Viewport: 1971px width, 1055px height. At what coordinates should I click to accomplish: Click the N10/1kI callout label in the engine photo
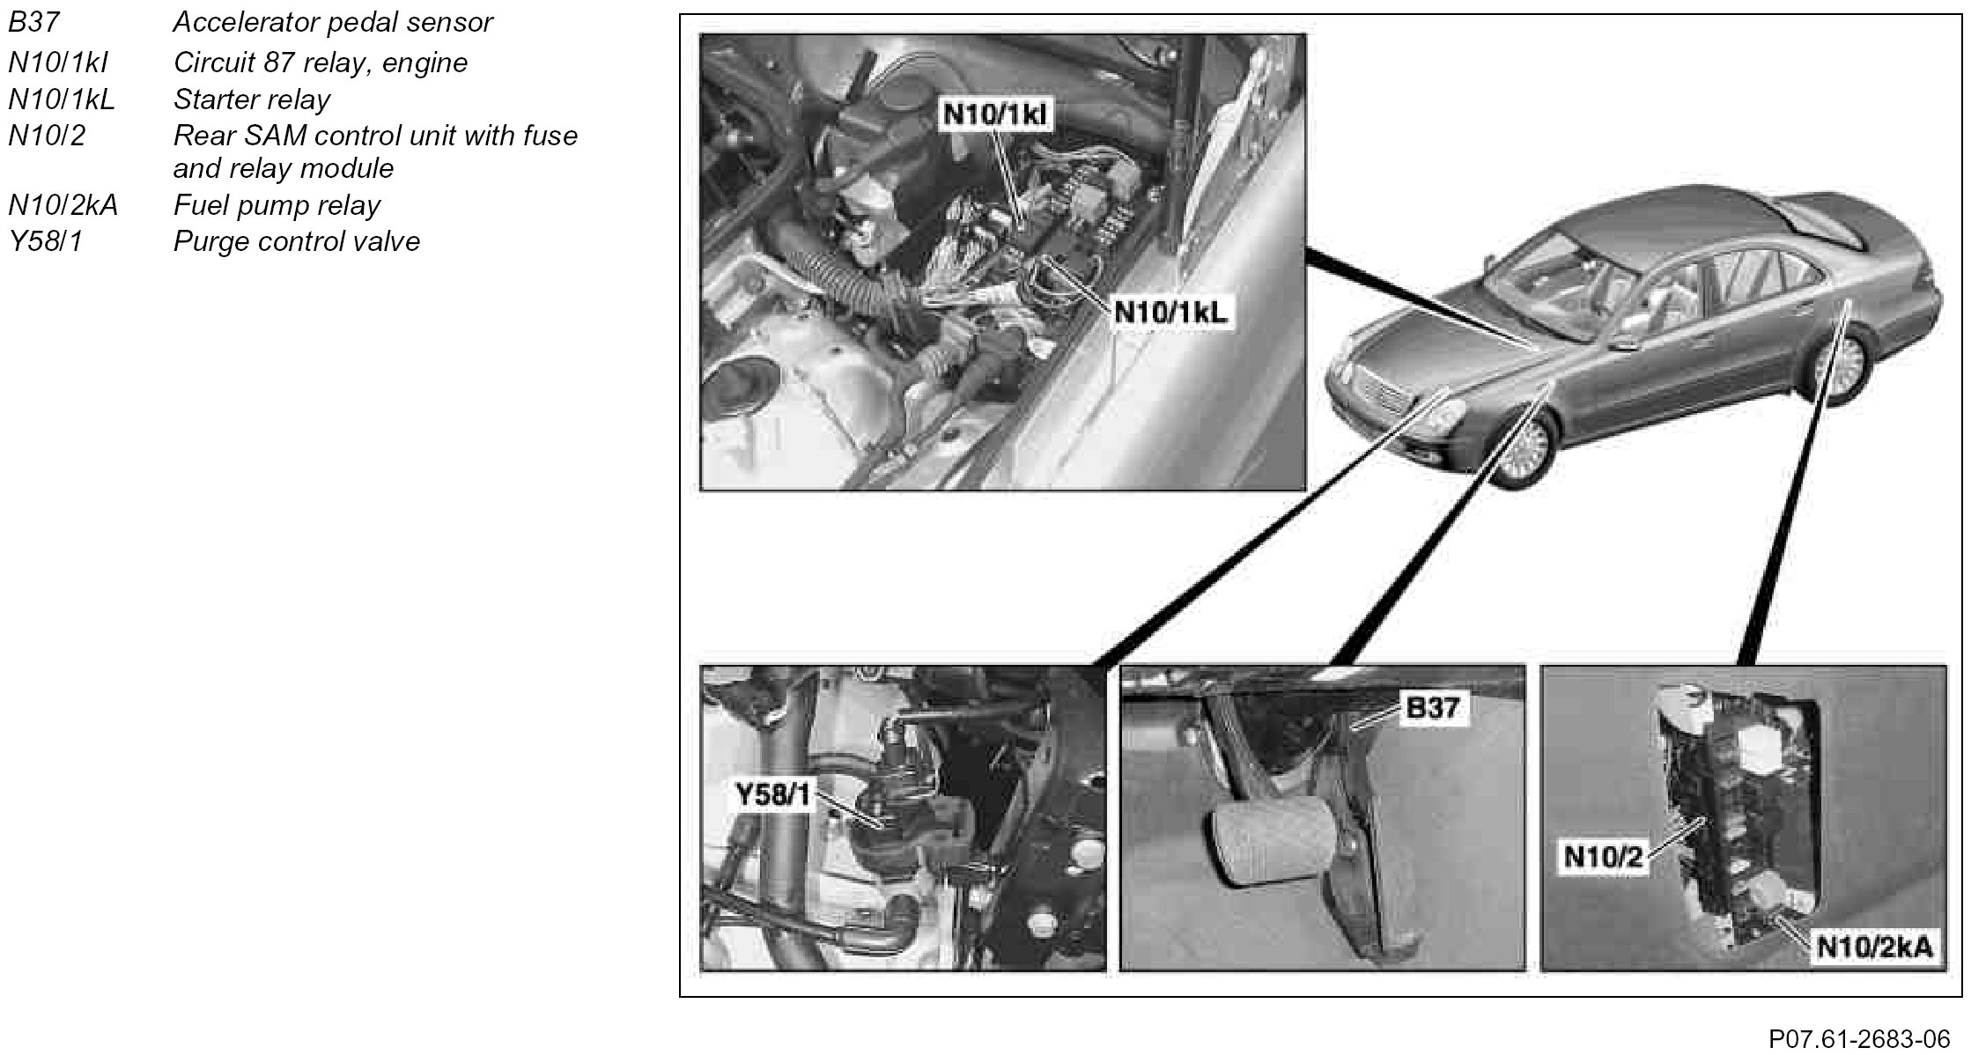point(996,114)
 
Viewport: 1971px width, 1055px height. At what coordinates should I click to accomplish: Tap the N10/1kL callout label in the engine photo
point(1170,312)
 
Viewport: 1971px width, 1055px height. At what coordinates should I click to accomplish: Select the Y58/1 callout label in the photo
point(772,796)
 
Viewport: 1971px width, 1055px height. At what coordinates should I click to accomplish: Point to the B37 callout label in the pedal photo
point(1432,707)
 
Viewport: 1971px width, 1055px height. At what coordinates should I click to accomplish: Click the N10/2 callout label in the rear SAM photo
point(1603,856)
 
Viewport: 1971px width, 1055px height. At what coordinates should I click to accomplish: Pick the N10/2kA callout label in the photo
point(1875,947)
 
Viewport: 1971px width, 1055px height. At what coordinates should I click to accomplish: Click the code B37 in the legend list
point(33,22)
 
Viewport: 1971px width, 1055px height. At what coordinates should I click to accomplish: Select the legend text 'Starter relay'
point(252,100)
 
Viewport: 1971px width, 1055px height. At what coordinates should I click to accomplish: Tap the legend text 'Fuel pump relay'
point(277,205)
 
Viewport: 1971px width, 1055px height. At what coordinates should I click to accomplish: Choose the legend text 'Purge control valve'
point(297,241)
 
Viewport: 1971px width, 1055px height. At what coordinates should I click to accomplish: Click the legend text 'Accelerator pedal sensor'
point(333,22)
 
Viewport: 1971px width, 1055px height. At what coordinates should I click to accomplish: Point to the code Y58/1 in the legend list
point(45,241)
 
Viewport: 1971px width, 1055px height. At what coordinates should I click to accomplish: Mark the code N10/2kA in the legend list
point(63,205)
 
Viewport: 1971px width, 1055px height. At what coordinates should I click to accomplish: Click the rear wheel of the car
point(1842,365)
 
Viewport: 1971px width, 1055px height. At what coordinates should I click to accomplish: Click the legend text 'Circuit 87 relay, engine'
point(321,63)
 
